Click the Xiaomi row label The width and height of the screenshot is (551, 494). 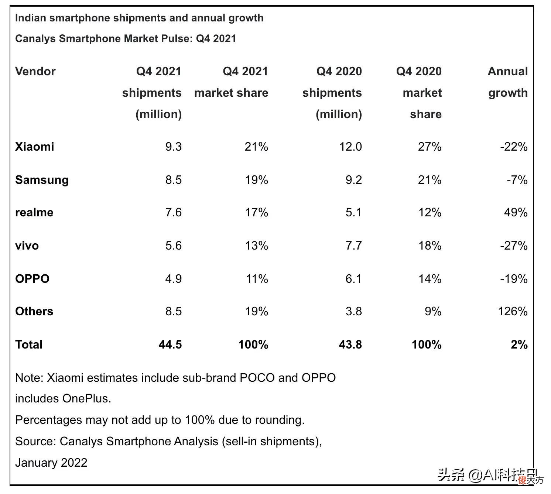pos(35,147)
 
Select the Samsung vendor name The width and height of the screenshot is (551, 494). pos(42,180)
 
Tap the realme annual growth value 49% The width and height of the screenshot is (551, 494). pos(516,213)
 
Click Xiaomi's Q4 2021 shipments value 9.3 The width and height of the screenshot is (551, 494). pos(173,147)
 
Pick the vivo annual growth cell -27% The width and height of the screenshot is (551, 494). pos(514,246)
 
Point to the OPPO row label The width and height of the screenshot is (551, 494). pos(32,279)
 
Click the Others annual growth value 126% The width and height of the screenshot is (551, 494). pos(513,312)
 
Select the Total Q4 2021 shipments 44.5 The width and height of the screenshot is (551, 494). pos(170,345)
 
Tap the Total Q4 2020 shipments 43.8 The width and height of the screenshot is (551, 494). pos(350,345)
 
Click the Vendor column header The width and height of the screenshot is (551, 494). pos(35,72)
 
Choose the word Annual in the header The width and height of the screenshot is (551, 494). pos(508,72)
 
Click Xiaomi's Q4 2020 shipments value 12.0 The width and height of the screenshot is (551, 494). pos(350,147)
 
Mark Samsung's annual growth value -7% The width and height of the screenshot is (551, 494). pos(517,180)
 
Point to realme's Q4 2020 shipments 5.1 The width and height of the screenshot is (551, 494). pos(353,213)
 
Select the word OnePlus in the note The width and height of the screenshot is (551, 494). pos(86,399)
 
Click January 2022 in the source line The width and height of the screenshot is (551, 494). pos(51,463)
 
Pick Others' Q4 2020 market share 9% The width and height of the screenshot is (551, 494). pos(433,312)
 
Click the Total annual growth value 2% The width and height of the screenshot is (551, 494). pos(519,345)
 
